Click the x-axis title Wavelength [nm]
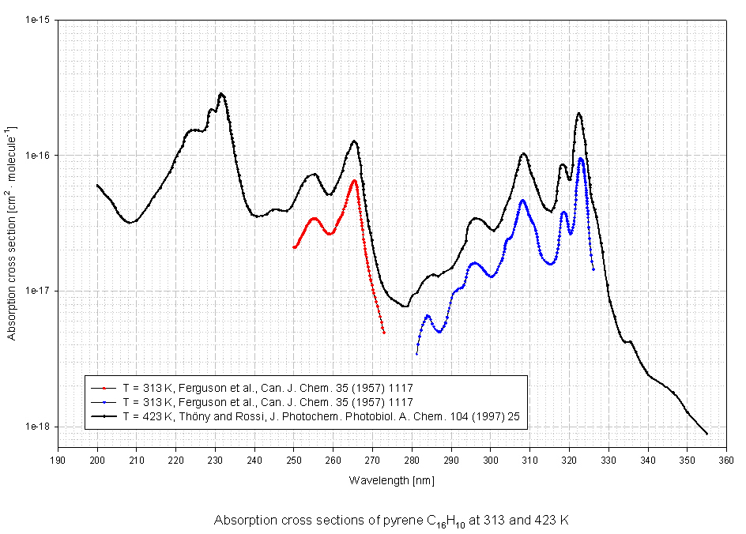coord(391,479)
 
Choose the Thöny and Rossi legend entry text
coord(321,414)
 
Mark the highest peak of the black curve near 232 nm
coord(222,94)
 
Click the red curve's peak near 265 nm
coord(355,181)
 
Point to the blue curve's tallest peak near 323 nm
coord(581,159)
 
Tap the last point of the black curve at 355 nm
coord(706,434)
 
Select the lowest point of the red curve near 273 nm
coord(384,333)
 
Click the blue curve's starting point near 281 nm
coord(416,354)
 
